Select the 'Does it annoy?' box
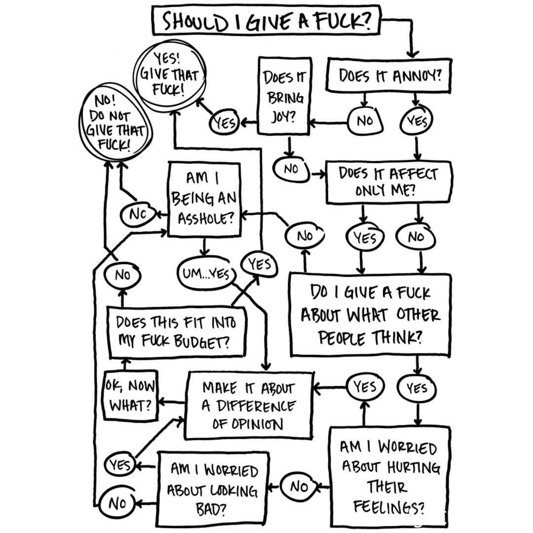390,76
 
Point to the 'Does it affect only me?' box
388,182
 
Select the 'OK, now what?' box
131,395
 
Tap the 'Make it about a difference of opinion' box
249,405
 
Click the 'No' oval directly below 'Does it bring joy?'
291,169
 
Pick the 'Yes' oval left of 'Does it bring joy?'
225,123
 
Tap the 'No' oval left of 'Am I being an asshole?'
136,214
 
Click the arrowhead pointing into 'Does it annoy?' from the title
413,53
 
